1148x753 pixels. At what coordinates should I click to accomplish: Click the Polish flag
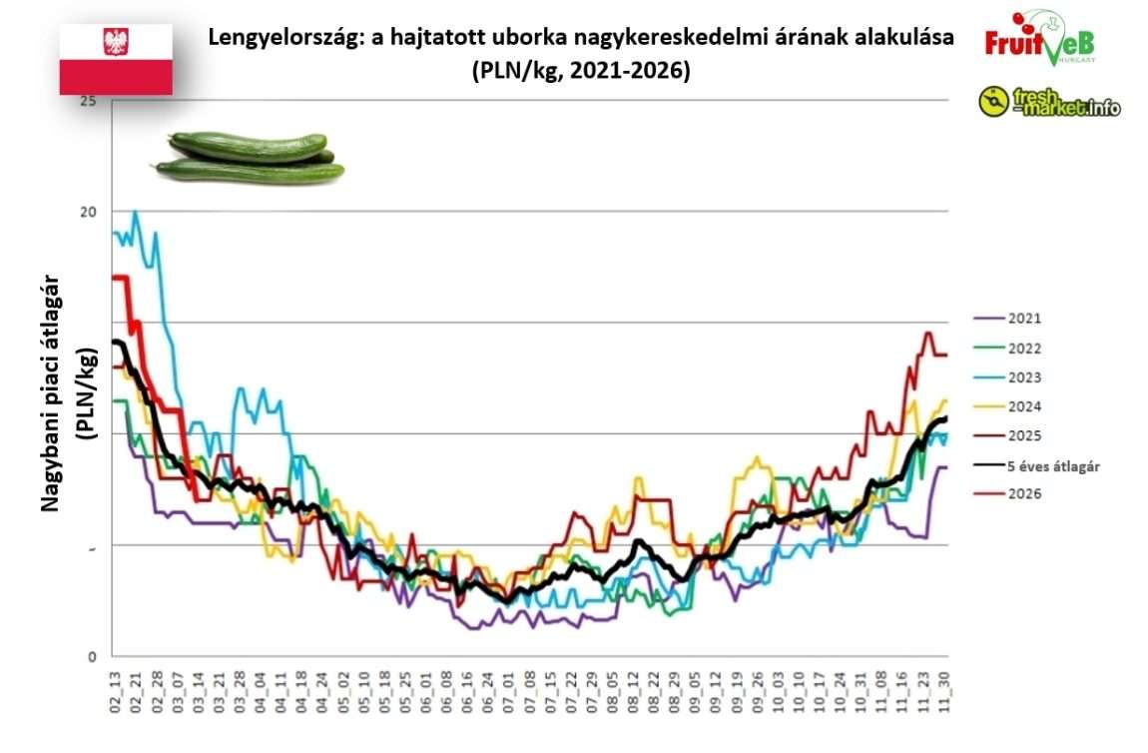(116, 59)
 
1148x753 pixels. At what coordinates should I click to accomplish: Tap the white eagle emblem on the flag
(116, 42)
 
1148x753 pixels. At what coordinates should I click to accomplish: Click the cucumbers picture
(249, 158)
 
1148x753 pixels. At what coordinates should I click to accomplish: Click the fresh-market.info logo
(1049, 102)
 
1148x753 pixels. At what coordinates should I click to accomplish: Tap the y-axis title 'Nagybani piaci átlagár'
(51, 394)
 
